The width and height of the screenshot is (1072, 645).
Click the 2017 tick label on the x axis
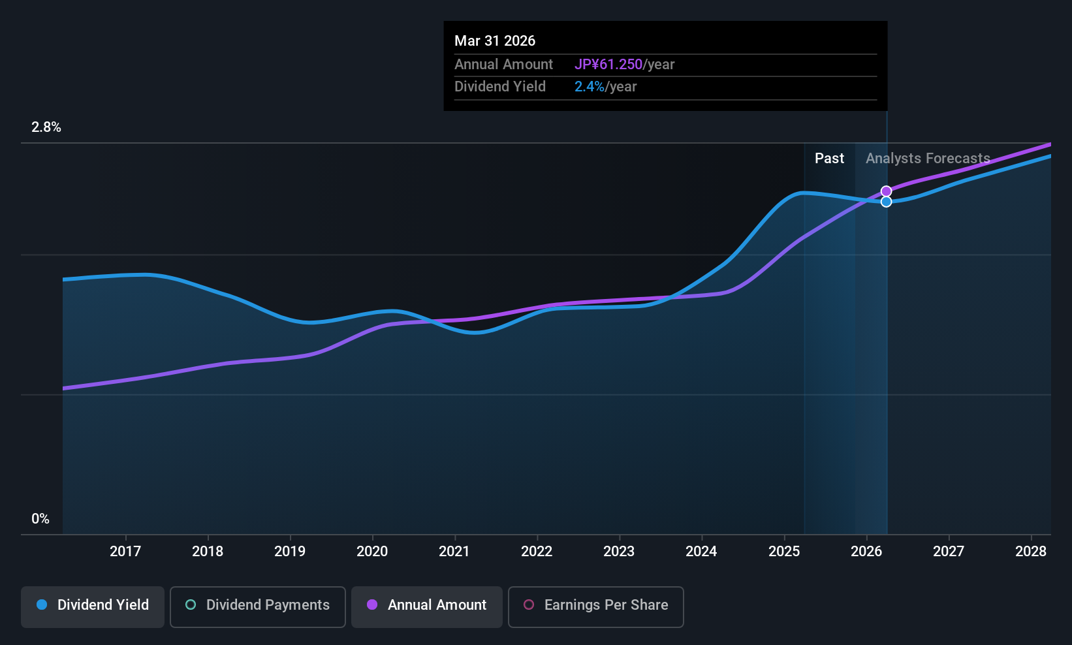click(x=125, y=551)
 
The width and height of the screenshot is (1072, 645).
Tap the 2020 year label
click(x=372, y=551)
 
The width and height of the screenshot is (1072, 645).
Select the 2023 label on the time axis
click(x=619, y=551)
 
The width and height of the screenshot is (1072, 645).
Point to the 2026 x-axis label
click(x=866, y=551)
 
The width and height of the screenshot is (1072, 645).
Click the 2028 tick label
click(x=1031, y=551)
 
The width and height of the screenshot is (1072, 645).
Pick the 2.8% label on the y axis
click(x=46, y=127)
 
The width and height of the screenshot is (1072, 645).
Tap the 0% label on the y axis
click(x=40, y=519)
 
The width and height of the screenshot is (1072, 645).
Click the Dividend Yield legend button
click(x=93, y=605)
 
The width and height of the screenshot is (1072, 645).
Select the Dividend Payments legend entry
click(x=257, y=605)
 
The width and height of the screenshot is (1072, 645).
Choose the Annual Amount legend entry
click(x=427, y=605)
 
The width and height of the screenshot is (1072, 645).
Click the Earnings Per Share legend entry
click(x=595, y=605)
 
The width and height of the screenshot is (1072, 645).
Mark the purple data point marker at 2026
click(x=886, y=191)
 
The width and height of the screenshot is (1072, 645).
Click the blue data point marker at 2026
click(x=886, y=202)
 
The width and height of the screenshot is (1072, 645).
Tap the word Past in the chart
click(x=829, y=159)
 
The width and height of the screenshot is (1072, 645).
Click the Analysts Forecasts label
click(x=928, y=159)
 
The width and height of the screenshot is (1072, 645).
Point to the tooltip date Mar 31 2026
click(x=495, y=41)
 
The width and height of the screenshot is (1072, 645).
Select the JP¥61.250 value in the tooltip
click(x=608, y=65)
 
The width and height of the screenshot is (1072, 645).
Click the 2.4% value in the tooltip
click(x=590, y=87)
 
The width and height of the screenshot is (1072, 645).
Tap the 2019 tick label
click(x=290, y=551)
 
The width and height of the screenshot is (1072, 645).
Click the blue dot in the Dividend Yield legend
click(x=42, y=605)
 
